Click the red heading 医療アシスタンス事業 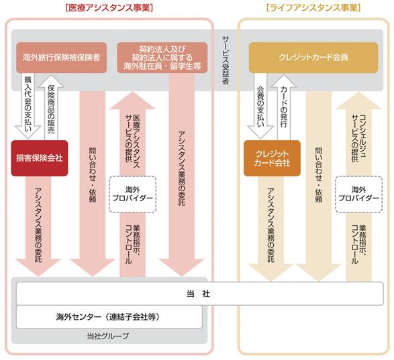pos(109,8)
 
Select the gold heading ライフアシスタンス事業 pos(313,8)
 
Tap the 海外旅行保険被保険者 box pos(62,58)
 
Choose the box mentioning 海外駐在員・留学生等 pos(162,58)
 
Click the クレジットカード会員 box pos(313,58)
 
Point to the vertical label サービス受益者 pos(226,60)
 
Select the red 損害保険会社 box pos(40,158)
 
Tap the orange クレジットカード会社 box pos(272,158)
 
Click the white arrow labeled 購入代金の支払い pos(28,106)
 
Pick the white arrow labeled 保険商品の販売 pos(51,107)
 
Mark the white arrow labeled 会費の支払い pos(260,106)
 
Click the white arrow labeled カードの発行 pos(284,107)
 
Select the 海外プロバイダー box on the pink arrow pos(133,194)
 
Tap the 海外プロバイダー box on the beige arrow pos(358,194)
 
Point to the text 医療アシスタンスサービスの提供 pos(133,141)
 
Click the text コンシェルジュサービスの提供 pos(358,139)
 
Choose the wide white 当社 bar pos(200,294)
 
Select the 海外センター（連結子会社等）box pos(109,317)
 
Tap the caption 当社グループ pos(108,336)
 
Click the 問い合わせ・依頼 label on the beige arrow pos(319,175)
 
